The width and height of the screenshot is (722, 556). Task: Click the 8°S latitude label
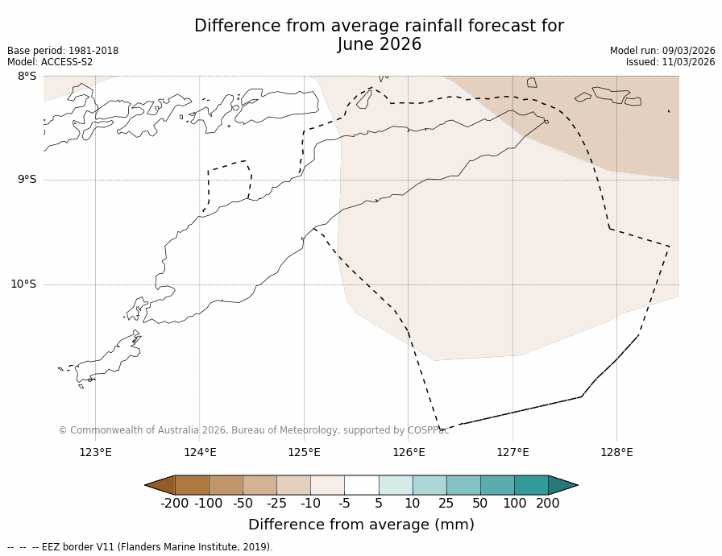(27, 76)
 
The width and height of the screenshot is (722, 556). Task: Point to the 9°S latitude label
(27, 180)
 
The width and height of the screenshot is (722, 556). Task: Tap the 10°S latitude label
(23, 284)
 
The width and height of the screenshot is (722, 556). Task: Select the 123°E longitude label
(95, 452)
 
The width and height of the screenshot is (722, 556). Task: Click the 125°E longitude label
(304, 452)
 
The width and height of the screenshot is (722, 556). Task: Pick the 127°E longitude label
(512, 452)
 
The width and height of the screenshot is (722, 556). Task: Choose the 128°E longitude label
(616, 452)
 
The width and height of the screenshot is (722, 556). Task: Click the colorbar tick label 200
(548, 504)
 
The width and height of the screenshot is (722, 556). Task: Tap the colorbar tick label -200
(174, 504)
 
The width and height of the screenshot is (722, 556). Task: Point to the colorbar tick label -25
(276, 504)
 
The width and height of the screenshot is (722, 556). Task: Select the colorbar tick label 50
(479, 504)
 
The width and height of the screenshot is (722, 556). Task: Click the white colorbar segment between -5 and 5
(361, 484)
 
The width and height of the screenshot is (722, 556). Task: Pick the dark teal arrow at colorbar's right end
(562, 484)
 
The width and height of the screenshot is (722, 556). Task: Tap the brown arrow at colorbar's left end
(160, 484)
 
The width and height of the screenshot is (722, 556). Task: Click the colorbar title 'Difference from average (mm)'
(361, 525)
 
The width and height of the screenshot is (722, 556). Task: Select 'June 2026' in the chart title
(379, 45)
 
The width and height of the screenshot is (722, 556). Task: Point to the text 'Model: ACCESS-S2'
(50, 62)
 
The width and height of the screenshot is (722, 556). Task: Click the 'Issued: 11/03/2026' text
(670, 62)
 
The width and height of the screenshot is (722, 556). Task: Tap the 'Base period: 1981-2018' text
(63, 51)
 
